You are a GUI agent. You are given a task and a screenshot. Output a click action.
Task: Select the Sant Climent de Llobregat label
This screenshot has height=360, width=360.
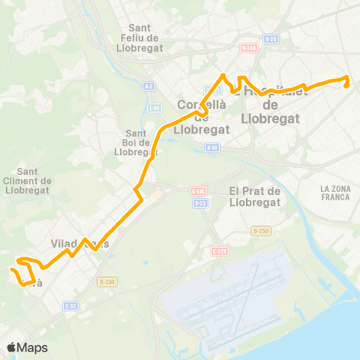pyautogui.click(x=28, y=180)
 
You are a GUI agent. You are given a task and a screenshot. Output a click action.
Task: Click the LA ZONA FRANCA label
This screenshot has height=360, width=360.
pyautogui.click(x=334, y=193)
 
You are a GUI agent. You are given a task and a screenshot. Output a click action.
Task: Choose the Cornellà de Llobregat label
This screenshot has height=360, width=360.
pyautogui.click(x=200, y=116)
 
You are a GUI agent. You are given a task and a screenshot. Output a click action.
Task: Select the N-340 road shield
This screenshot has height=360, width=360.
pyautogui.click(x=249, y=49)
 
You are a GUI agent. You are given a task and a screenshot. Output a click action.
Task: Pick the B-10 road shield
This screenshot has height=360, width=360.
pyautogui.click(x=213, y=148)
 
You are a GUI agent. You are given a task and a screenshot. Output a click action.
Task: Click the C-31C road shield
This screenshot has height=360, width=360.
pyautogui.click(x=198, y=191)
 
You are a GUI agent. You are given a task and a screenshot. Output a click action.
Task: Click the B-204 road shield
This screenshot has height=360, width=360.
pyautogui.click(x=106, y=282)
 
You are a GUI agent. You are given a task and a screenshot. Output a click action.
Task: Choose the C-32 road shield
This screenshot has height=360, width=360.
pyautogui.click(x=70, y=305)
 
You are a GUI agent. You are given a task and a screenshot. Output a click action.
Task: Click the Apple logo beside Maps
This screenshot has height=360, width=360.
pyautogui.click(x=12, y=347)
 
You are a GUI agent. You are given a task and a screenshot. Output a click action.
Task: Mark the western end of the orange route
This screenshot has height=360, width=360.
pyautogui.click(x=12, y=268)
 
